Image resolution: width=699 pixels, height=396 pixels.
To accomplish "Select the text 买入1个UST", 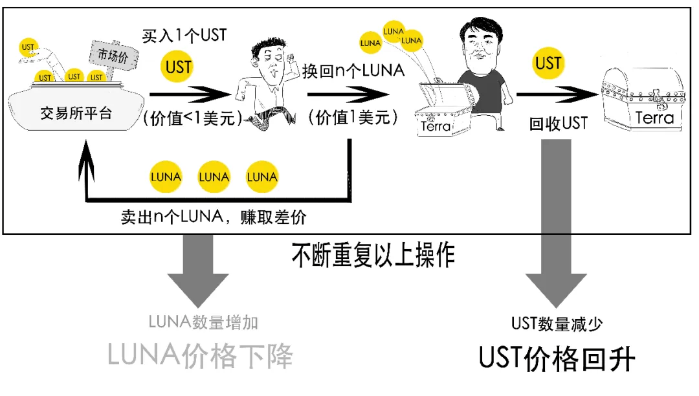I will [x=185, y=35].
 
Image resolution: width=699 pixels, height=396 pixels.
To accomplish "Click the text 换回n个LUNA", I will [x=353, y=70].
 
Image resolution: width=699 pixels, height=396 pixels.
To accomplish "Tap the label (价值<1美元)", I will [x=193, y=118].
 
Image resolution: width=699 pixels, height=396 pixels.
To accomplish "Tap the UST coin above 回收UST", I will [x=548, y=63].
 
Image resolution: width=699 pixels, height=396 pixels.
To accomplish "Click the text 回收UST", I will [x=558, y=122].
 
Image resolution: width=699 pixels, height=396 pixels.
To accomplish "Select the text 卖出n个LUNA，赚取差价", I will [x=214, y=217].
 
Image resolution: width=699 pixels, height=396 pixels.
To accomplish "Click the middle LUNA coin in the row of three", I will [x=214, y=177].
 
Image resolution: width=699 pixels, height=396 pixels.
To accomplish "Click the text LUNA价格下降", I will [x=200, y=356].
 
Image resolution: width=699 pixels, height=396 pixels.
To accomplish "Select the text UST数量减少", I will [x=557, y=324].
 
